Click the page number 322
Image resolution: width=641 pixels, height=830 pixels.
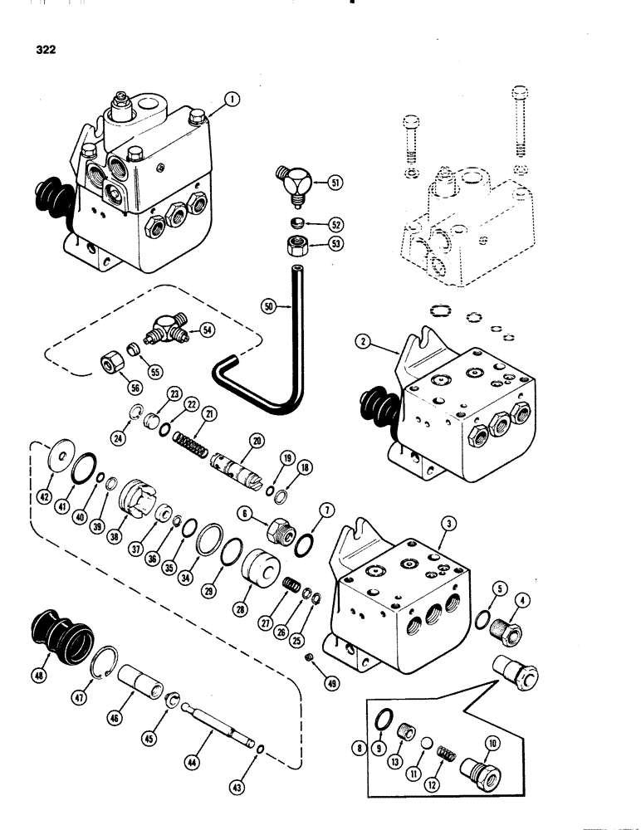click(x=46, y=49)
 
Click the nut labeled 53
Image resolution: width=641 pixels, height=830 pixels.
click(x=296, y=247)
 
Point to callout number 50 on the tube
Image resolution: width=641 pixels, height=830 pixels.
click(x=267, y=306)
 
